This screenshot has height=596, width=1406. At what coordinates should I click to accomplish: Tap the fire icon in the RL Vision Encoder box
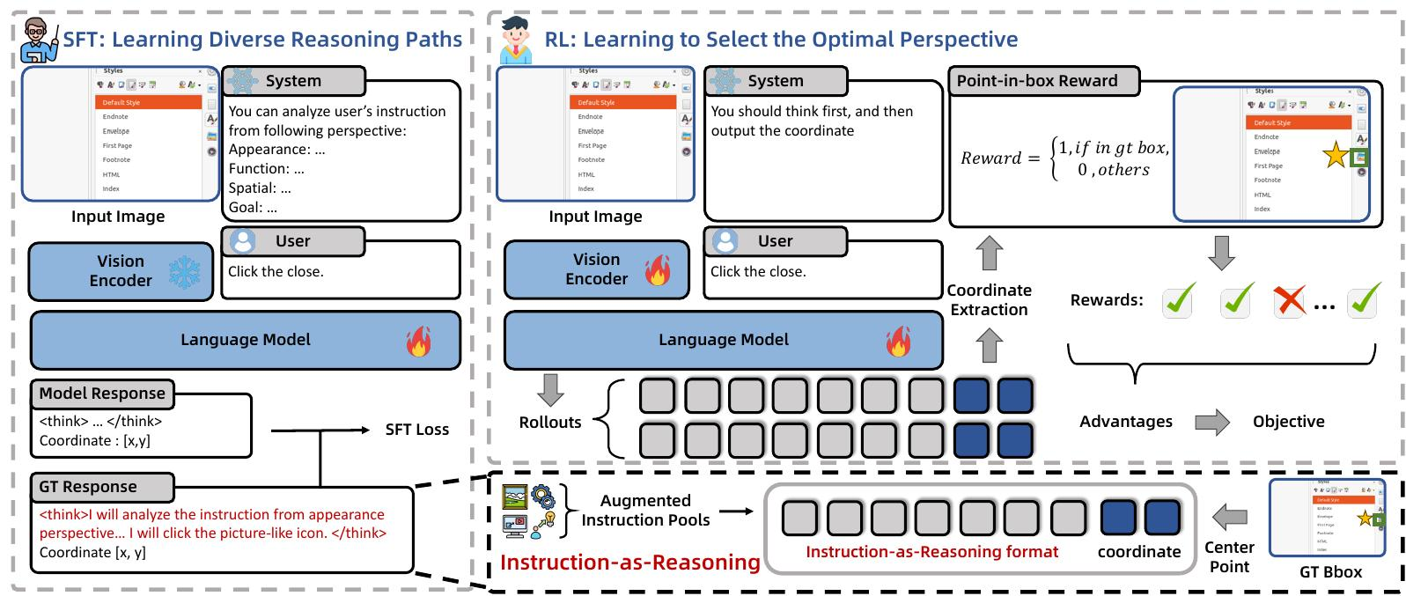pyautogui.click(x=658, y=270)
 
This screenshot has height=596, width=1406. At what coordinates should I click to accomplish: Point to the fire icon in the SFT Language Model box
pyautogui.click(x=419, y=342)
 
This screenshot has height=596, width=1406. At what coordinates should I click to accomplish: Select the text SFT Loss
pyautogui.click(x=416, y=430)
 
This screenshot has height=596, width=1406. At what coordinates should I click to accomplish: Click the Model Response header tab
pyautogui.click(x=102, y=394)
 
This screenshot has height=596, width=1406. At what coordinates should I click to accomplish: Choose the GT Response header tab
pyautogui.click(x=88, y=487)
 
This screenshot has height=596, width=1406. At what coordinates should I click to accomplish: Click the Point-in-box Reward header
pyautogui.click(x=1037, y=81)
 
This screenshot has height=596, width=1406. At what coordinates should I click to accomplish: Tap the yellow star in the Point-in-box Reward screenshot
pyautogui.click(x=1335, y=156)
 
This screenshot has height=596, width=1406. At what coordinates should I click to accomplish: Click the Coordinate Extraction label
pyautogui.click(x=989, y=300)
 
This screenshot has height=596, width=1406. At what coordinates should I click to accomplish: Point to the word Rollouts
pyautogui.click(x=550, y=423)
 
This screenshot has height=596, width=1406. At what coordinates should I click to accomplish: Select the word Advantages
pyautogui.click(x=1126, y=422)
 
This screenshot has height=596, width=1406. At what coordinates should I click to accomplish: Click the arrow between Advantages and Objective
pyautogui.click(x=1212, y=423)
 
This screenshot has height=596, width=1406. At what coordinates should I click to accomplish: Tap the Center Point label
pyautogui.click(x=1229, y=557)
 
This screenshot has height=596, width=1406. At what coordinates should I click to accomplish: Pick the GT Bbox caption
pyautogui.click(x=1330, y=572)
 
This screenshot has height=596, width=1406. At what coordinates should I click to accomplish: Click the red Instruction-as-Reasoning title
pyautogui.click(x=629, y=563)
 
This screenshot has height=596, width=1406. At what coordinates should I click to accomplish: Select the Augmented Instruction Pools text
pyautogui.click(x=645, y=511)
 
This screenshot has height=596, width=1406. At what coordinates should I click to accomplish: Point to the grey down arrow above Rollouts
pyautogui.click(x=550, y=389)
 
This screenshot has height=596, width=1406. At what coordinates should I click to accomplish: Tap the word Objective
pyautogui.click(x=1288, y=422)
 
